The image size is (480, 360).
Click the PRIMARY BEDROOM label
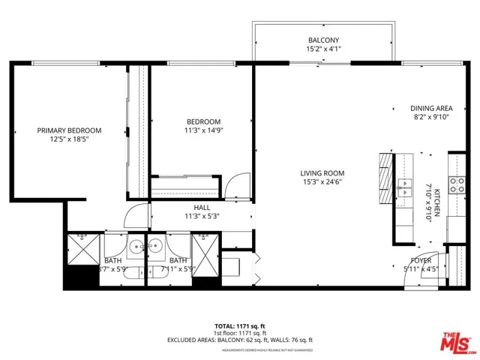coord(69,130)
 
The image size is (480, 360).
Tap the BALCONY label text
coord(324,40)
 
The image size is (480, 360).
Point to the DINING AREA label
coord(430,108)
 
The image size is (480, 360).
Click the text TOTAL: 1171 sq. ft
coord(240,326)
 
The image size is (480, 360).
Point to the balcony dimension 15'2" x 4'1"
coord(324,49)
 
